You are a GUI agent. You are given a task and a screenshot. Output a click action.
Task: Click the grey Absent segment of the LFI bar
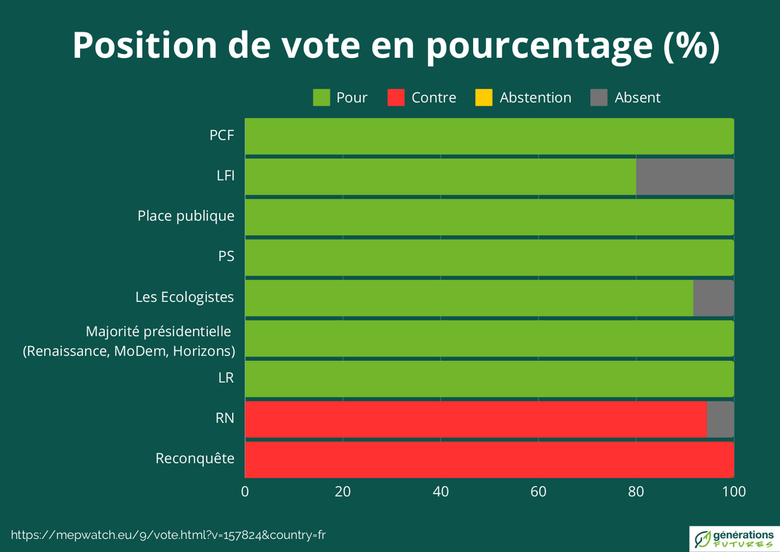[x=684, y=177]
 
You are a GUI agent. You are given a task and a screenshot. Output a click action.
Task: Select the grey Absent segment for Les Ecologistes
[x=713, y=298]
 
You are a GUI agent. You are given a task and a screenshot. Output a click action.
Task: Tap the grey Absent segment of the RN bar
[x=720, y=419]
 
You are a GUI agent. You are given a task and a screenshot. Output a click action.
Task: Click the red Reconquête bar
[x=489, y=460]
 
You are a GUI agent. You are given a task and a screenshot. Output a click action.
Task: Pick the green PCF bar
[x=489, y=137]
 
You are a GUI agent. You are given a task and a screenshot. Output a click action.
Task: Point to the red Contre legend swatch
[x=396, y=98]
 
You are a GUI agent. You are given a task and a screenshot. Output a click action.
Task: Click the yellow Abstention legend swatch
[x=484, y=98]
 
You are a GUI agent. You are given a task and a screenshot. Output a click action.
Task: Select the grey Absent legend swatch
[x=599, y=98]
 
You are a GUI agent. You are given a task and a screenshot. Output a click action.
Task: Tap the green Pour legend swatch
[x=322, y=98]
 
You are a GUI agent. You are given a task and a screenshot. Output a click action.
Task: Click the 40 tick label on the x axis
[x=441, y=492]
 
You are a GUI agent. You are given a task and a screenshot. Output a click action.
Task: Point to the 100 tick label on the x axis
[x=734, y=492]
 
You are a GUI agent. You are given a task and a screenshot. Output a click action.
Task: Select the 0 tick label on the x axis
[x=245, y=492]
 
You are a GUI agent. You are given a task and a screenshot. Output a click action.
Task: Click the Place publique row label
[x=186, y=216]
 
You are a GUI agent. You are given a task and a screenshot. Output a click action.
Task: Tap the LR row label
[x=226, y=378]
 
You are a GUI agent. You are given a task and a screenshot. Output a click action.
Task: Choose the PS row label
[x=226, y=256]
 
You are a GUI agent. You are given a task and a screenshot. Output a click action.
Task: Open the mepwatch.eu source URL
[x=168, y=534]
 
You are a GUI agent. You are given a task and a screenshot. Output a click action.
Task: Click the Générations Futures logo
[x=732, y=537]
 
